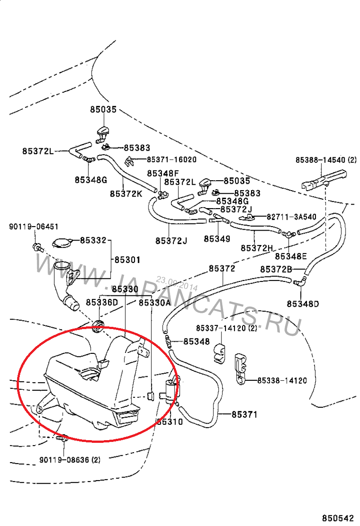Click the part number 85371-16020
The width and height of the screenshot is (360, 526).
coord(171,160)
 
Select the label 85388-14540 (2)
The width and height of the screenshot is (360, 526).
coord(326,160)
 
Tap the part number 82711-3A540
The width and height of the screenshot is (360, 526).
coord(292,217)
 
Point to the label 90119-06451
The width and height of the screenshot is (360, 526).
coord(33,227)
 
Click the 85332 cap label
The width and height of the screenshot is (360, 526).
coord(93,241)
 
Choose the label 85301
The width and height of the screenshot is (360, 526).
coord(127,260)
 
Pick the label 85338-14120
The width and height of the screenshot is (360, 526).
coord(282,381)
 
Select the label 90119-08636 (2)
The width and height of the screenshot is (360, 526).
coord(70,460)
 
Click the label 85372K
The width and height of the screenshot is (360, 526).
coord(126,193)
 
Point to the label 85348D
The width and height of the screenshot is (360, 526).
coord(303,304)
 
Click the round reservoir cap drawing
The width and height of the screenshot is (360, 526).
coord(62,243)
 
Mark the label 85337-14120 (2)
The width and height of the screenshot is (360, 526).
coord(226,328)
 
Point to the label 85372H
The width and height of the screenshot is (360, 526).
coord(257,248)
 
